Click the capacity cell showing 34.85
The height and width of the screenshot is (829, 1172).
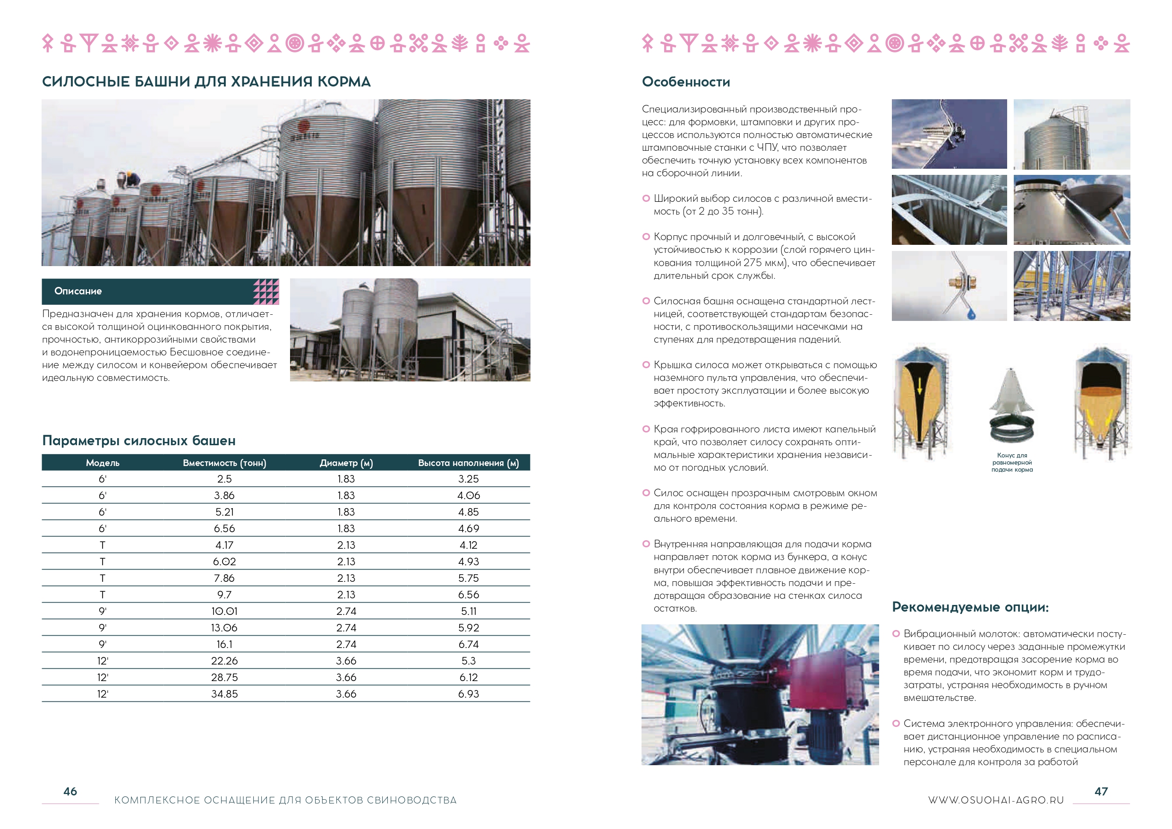point(224,694)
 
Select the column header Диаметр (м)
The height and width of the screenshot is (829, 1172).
point(346,463)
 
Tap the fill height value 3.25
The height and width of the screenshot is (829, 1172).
point(468,479)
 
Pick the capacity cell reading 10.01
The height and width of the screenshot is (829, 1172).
point(224,611)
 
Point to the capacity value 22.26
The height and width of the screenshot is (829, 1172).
point(224,660)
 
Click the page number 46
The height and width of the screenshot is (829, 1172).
point(70,791)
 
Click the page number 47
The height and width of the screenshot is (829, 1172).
point(1101,791)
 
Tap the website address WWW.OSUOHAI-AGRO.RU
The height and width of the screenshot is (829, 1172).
point(996,800)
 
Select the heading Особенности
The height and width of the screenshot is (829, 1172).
point(685,82)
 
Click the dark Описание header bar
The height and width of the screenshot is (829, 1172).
point(148,291)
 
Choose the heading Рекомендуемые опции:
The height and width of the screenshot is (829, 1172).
point(970,607)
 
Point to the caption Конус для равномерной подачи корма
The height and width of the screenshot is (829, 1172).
point(1012,462)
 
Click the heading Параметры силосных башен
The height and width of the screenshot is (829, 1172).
point(139,440)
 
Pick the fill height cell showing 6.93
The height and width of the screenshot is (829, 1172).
point(468,694)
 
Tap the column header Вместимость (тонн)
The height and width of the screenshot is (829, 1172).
point(224,463)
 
